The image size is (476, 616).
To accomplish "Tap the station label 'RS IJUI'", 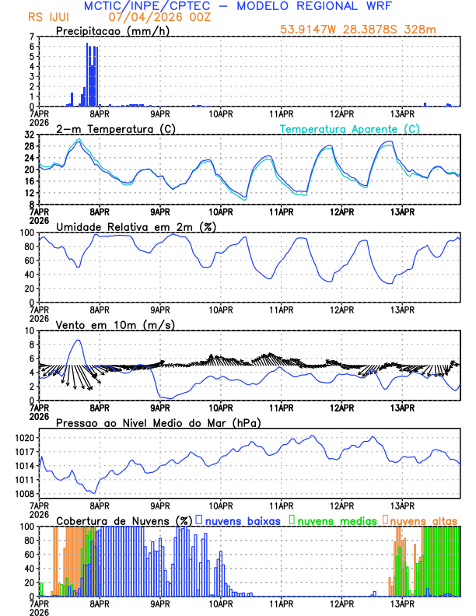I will point(47,16).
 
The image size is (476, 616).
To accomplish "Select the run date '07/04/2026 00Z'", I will point(151,16).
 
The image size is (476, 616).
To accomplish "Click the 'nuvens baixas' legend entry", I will point(243,520).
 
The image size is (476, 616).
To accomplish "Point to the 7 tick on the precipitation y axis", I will point(31,37).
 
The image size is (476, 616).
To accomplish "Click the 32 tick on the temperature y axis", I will point(29,135).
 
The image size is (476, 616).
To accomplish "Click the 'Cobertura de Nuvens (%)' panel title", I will point(124,520).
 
